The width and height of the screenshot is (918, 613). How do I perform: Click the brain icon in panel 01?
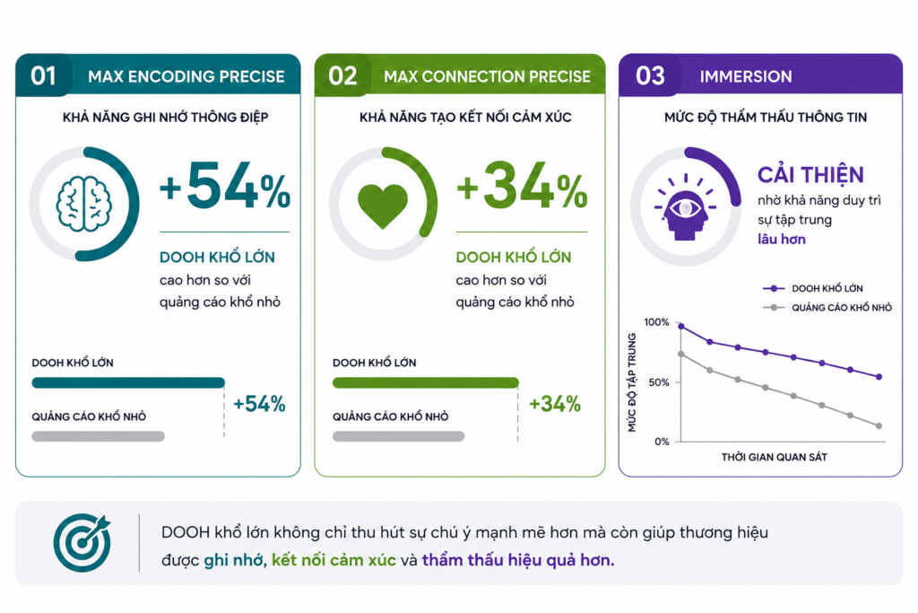[83, 205]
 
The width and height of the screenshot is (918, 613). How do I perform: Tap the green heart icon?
[382, 206]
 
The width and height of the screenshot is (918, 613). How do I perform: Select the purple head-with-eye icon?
[686, 207]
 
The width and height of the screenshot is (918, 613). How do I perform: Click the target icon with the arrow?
[82, 543]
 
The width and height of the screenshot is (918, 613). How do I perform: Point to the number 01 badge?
[43, 75]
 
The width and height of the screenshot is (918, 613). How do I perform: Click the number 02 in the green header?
[342, 75]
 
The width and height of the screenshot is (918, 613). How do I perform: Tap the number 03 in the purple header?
[650, 75]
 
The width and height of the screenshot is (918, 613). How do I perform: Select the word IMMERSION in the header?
[745, 76]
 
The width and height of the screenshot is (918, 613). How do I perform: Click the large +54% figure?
[225, 186]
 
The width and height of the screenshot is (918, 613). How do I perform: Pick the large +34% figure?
[522, 186]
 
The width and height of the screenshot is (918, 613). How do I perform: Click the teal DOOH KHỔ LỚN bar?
[128, 382]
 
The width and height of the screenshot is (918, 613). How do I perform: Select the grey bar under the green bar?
[399, 436]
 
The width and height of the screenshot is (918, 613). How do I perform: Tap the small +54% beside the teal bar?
[259, 404]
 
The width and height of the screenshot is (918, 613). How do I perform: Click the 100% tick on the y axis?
[656, 322]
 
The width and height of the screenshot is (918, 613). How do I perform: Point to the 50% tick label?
[659, 382]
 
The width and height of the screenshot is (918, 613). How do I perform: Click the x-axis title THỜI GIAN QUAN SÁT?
[774, 457]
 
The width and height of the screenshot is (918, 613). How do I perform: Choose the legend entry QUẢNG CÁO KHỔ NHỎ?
[827, 308]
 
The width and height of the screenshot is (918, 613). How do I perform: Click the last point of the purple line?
[879, 377]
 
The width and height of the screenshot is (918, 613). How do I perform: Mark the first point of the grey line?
[681, 354]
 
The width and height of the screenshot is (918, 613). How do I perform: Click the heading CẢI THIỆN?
[810, 175]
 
